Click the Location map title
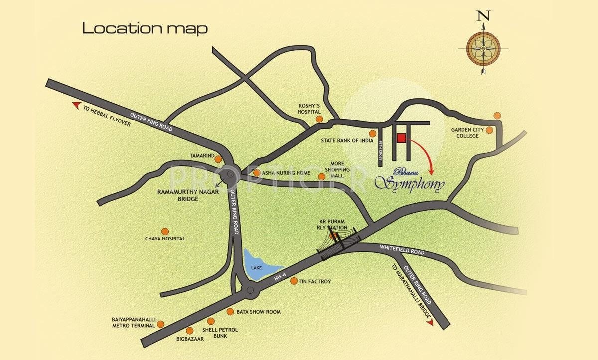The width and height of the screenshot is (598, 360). [145, 28]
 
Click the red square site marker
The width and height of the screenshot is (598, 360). [402, 139]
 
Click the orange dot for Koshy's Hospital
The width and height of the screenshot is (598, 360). [319, 119]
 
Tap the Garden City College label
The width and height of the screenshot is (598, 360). [465, 133]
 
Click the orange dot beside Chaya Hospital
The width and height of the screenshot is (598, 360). [165, 231]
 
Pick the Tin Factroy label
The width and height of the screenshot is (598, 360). [315, 282]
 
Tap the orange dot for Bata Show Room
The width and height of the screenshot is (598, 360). [230, 312]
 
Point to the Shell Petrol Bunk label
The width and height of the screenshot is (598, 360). [220, 333]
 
